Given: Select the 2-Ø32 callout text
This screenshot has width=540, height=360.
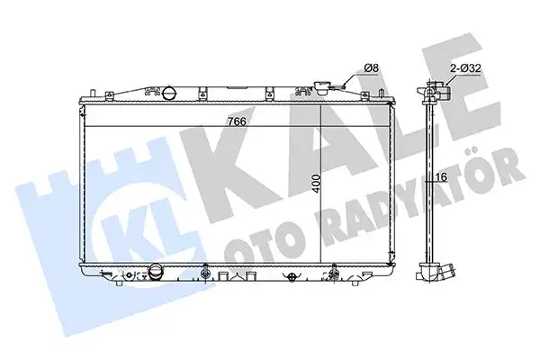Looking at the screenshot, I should click(x=468, y=67).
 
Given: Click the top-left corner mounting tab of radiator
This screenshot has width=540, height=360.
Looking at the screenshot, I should click(x=93, y=93).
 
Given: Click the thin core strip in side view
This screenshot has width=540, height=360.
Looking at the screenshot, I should click(x=430, y=180).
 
